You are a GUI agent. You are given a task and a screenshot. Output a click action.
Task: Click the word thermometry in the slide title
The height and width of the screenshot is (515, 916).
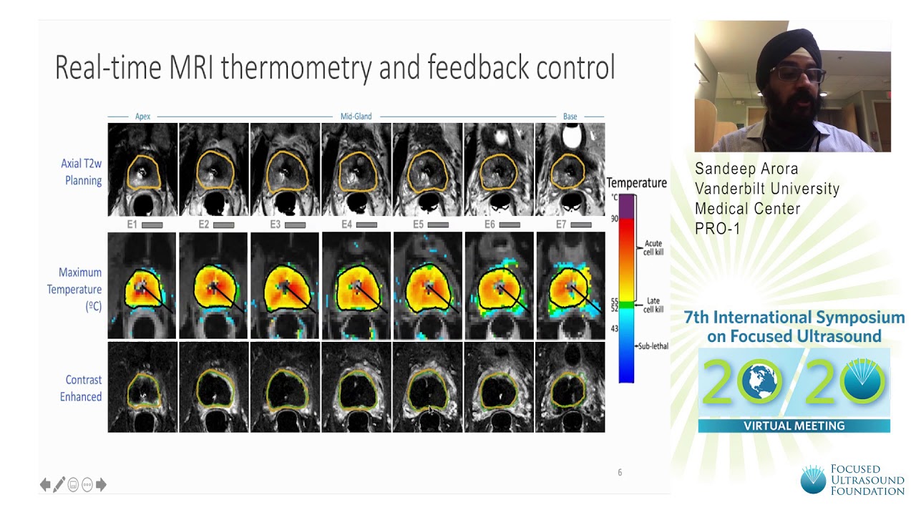point(296,68)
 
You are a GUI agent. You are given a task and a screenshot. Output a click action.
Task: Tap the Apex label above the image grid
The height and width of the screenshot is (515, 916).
point(142,117)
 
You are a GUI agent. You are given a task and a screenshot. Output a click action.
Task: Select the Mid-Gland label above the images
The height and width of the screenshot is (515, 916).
point(356,117)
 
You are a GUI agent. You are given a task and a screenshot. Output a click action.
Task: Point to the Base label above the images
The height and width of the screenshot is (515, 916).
point(570,117)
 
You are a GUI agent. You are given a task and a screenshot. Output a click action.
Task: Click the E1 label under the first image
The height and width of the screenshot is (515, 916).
point(132,225)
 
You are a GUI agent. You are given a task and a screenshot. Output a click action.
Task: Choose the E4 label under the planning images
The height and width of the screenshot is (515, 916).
point(346,225)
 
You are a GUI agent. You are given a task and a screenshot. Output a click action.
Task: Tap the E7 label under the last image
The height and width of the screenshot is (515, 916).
point(560,225)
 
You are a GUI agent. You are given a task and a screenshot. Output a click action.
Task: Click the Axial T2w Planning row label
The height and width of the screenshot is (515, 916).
point(82,172)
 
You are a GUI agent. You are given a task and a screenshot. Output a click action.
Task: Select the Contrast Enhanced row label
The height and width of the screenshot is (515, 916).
point(81,388)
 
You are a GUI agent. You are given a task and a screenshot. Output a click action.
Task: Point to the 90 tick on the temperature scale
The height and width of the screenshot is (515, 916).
point(614,218)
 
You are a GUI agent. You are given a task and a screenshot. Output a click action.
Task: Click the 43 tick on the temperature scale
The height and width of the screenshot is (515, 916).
point(614,328)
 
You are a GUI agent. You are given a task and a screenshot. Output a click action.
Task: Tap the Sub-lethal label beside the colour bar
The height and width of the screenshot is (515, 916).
point(653,346)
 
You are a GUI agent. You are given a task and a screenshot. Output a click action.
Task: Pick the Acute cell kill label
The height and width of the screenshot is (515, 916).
point(653,247)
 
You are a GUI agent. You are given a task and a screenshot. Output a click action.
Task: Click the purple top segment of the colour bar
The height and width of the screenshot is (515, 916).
point(627,206)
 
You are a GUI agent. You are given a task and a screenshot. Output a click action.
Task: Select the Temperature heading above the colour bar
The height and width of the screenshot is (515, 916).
point(636,183)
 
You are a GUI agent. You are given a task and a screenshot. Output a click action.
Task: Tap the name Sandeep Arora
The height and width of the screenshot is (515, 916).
point(746,169)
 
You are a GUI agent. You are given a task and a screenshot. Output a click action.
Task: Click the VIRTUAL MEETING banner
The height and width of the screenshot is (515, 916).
point(794,426)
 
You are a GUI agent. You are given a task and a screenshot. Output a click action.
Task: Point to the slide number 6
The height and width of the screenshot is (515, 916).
point(620,472)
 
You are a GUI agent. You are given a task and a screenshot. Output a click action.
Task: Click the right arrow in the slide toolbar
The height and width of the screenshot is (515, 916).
point(101,485)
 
